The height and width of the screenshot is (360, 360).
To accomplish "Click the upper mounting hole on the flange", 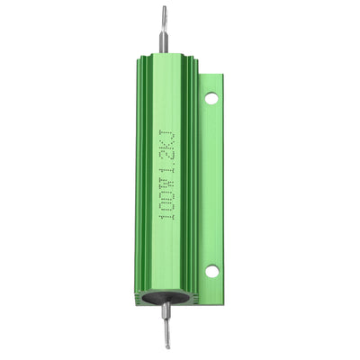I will click(x=211, y=98).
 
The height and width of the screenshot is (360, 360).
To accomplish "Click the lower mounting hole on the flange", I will click(x=211, y=270).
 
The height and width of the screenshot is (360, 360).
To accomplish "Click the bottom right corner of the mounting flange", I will click(x=220, y=290).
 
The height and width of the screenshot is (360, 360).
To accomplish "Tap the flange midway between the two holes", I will click(x=211, y=184).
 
